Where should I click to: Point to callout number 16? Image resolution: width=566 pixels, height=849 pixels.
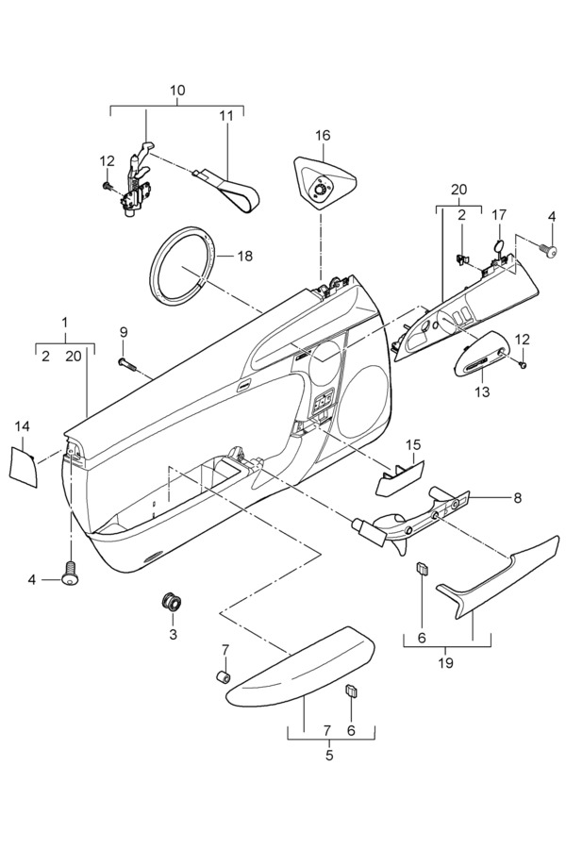pos(323,135)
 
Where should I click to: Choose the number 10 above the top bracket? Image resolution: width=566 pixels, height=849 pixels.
pos(177,91)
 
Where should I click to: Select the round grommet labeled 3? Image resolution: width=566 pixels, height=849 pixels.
pos(172,601)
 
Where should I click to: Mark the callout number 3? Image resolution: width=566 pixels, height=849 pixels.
pos(173,634)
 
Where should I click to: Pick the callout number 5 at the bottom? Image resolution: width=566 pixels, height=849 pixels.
pos(329,755)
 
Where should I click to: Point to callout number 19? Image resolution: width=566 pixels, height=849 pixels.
pos(446,662)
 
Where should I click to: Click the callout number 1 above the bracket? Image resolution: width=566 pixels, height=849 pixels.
pos(65,322)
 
